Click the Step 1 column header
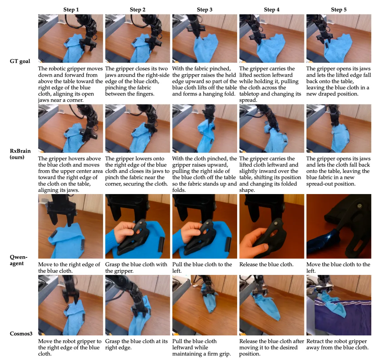[x=71, y=10]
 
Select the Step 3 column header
[x=204, y=10]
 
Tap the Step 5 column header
[x=338, y=10]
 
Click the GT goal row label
[x=20, y=61]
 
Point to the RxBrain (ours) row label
[x=20, y=154]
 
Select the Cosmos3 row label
[x=21, y=334]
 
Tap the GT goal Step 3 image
[x=204, y=38]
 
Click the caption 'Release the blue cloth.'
[x=266, y=264]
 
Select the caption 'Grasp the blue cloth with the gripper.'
[x=136, y=268]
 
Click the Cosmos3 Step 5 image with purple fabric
[x=338, y=305]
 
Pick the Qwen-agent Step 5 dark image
[x=338, y=226]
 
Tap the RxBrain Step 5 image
[x=338, y=128]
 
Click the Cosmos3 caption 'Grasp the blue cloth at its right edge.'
[x=136, y=344]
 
